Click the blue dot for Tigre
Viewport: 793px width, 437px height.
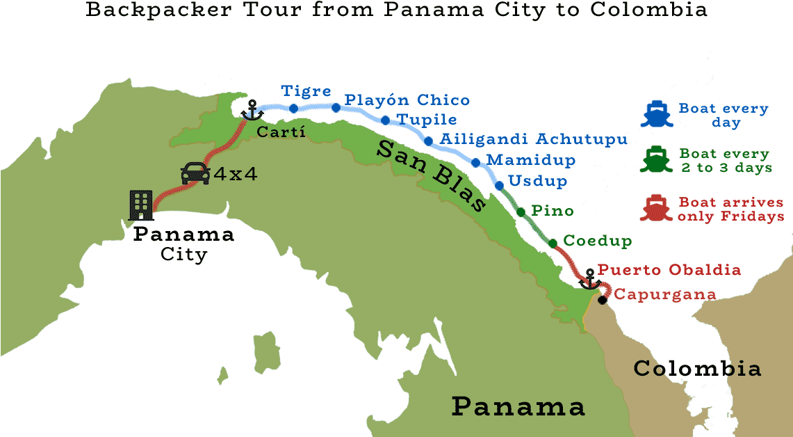click(294, 108)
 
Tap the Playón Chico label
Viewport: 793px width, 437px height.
click(407, 100)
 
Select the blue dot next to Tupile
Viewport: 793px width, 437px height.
click(385, 120)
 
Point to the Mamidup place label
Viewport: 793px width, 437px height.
click(531, 160)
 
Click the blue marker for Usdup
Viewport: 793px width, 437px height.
click(499, 185)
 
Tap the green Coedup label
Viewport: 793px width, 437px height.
click(597, 241)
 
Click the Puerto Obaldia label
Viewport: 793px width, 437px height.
click(669, 270)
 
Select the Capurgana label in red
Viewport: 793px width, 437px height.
click(665, 294)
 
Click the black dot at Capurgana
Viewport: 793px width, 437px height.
click(602, 299)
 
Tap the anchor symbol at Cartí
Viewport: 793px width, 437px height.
click(251, 108)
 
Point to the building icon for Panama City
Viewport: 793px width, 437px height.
click(142, 205)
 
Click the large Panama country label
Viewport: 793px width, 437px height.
click(518, 406)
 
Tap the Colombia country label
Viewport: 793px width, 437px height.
click(697, 369)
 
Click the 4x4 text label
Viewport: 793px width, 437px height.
click(236, 174)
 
